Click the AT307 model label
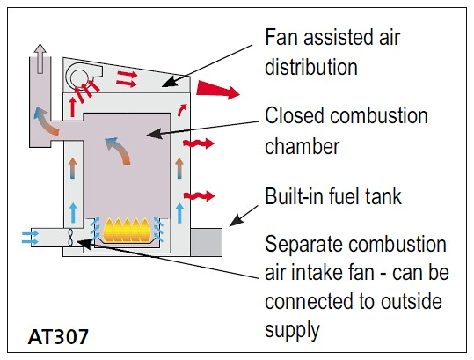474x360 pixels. (x=58, y=336)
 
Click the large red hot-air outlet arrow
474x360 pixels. (x=218, y=90)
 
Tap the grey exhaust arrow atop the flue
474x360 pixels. (x=40, y=59)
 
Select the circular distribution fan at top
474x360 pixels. (x=79, y=77)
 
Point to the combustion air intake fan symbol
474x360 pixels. (x=70, y=237)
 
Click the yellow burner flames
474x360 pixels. (x=127, y=230)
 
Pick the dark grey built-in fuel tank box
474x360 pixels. (x=207, y=242)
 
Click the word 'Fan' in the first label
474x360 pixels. (x=281, y=38)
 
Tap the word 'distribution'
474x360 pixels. (x=311, y=67)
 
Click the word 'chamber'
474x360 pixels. (x=302, y=146)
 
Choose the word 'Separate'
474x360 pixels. (x=304, y=245)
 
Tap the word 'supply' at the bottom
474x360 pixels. (x=292, y=330)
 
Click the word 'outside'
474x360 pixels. (x=412, y=301)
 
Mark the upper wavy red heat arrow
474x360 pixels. (x=199, y=143)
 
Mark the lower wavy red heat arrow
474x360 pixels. (x=200, y=195)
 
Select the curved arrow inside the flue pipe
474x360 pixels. (x=46, y=121)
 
